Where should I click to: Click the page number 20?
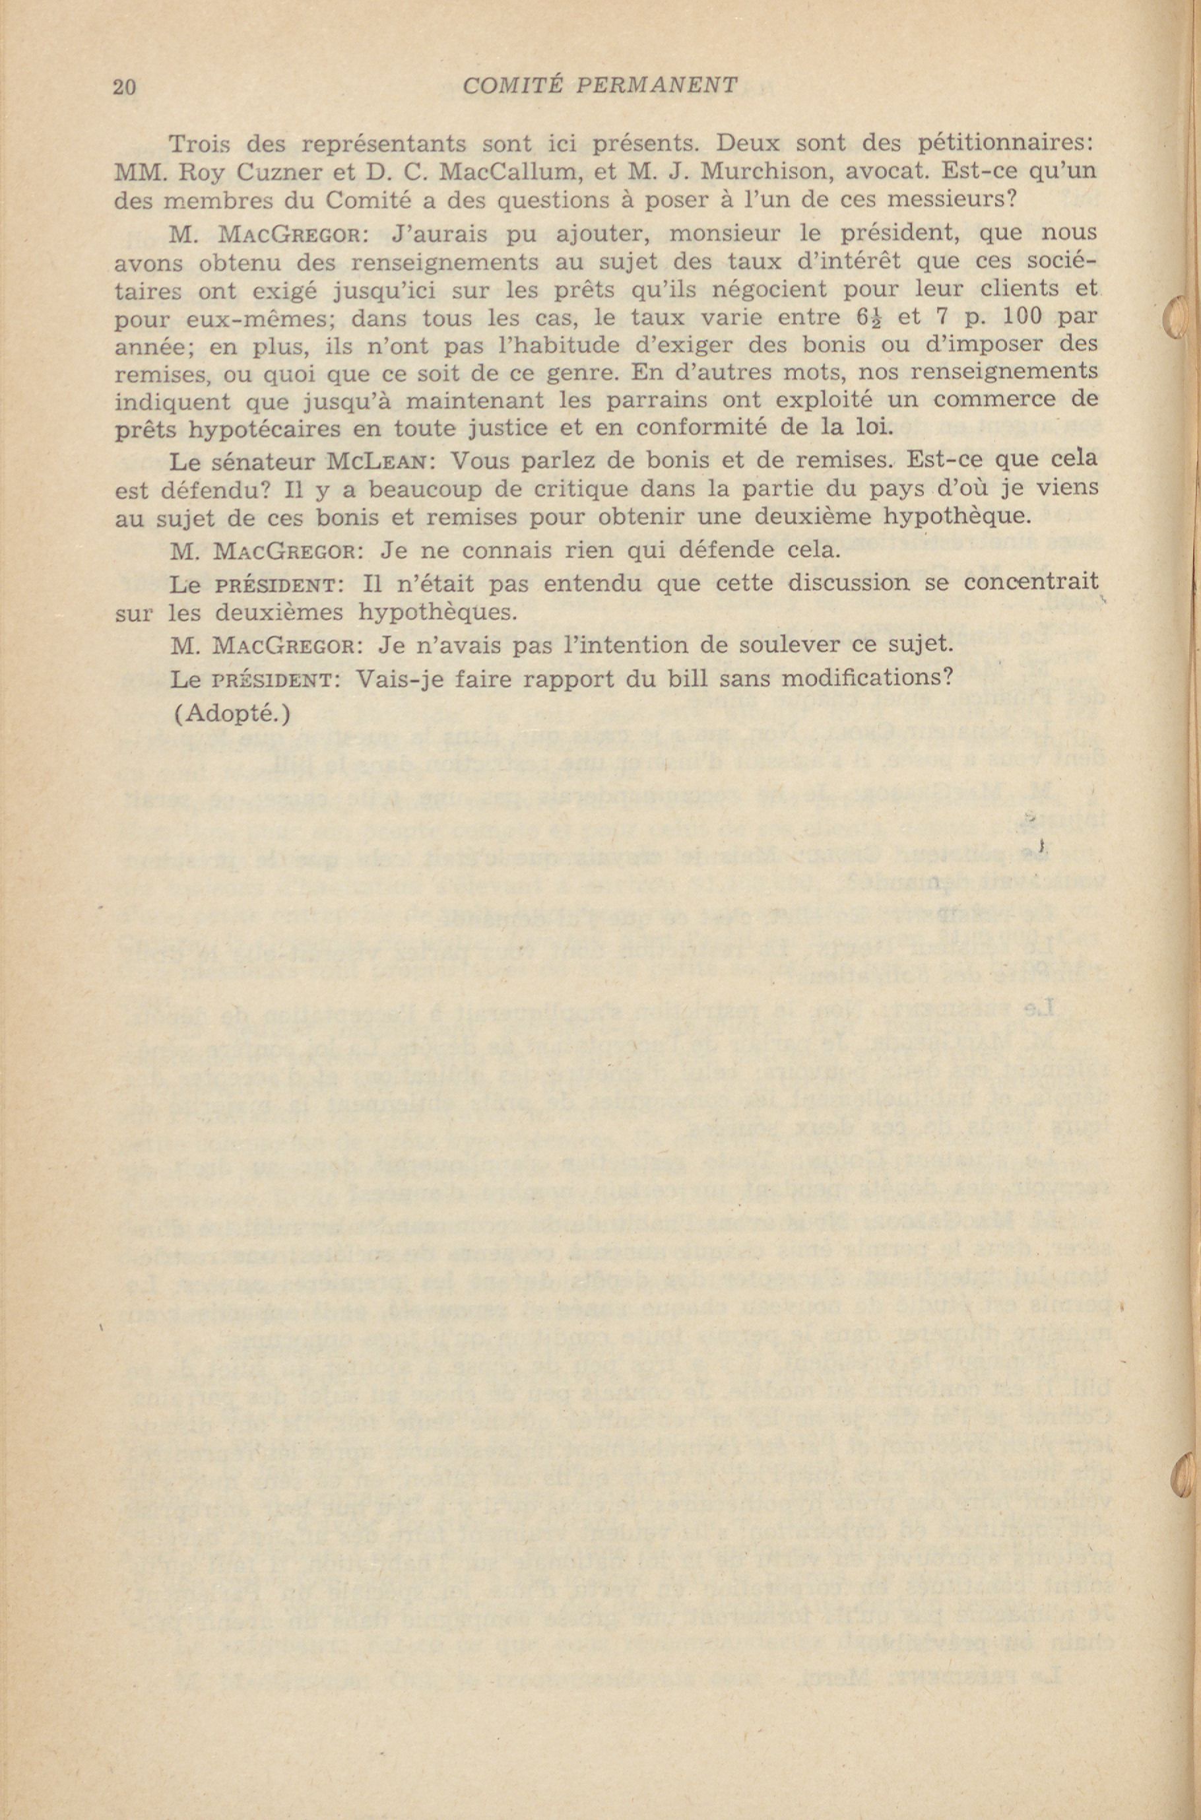pos(124,86)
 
